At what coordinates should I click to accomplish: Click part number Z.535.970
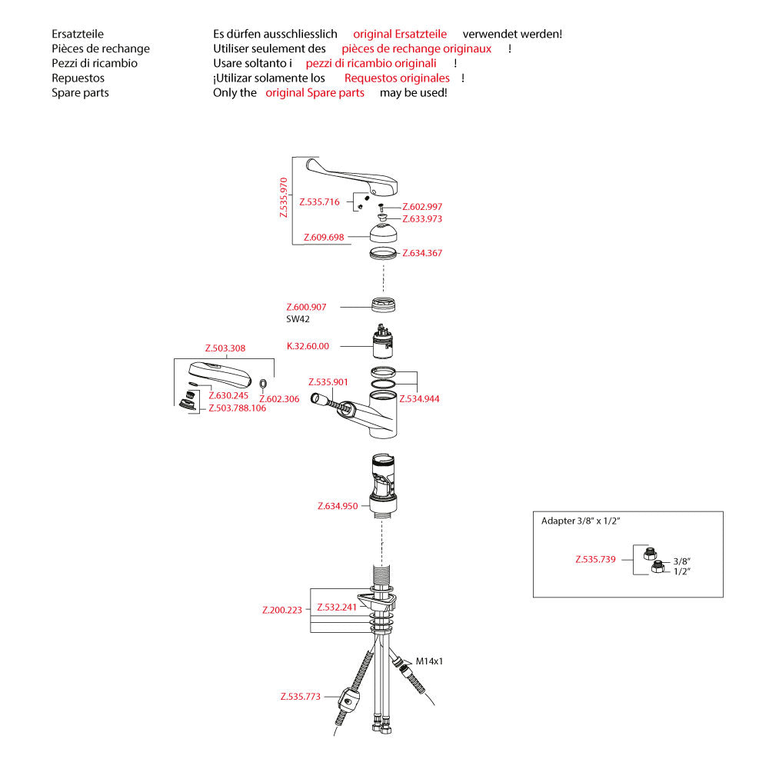[285, 198]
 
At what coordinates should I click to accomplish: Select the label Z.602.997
[422, 207]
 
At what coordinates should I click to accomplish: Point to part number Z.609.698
[324, 237]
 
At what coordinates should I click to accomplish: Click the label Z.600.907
[306, 308]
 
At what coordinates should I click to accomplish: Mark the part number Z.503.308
[225, 348]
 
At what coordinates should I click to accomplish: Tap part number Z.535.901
[328, 382]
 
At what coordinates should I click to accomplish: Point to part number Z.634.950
[338, 506]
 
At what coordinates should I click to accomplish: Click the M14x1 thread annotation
[430, 661]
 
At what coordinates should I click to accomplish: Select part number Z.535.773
[301, 697]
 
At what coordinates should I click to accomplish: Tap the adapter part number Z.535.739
[595, 559]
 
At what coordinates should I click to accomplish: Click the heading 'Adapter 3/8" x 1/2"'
[581, 521]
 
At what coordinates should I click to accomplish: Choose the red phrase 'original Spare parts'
[315, 92]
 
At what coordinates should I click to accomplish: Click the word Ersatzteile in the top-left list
[78, 34]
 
